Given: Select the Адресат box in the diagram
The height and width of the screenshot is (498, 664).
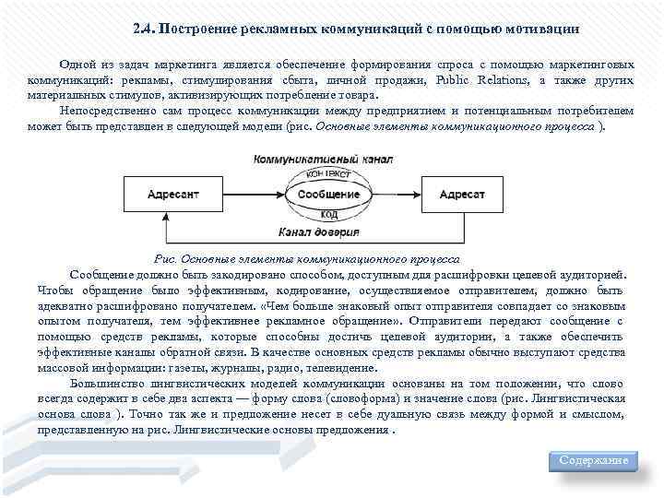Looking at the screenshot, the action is pos(462,195).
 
